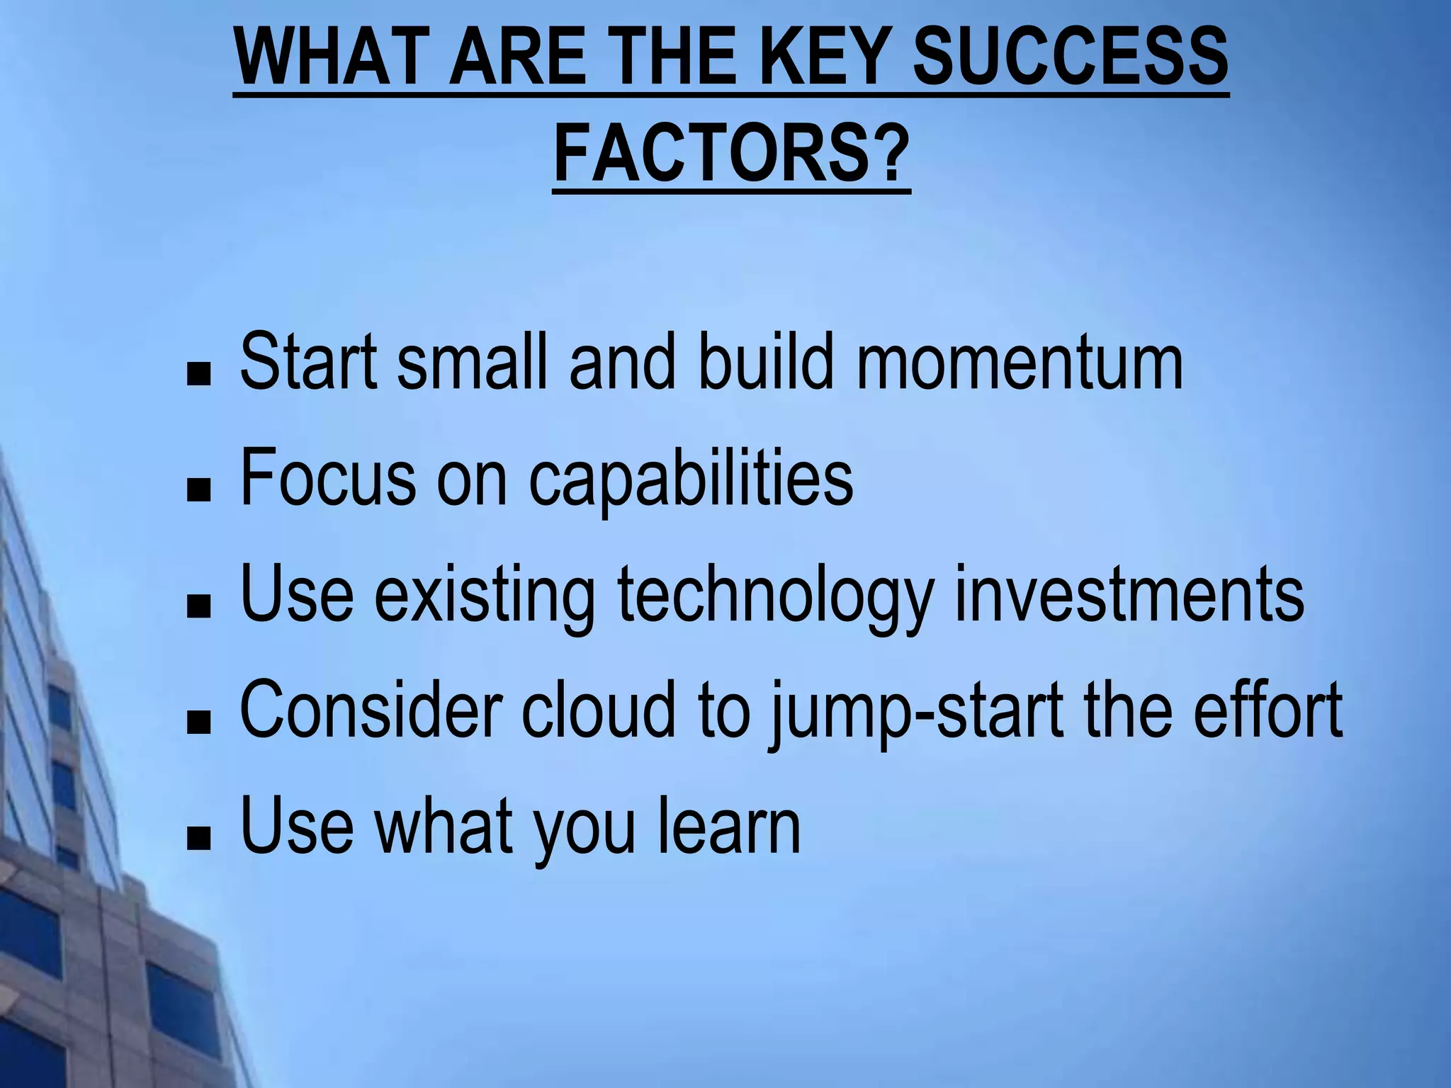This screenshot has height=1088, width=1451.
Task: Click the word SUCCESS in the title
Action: pos(1070,57)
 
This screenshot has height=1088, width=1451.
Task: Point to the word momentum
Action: pos(1020,363)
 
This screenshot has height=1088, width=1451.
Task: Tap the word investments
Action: pos(1129,595)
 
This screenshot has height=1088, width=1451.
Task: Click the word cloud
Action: pos(599,710)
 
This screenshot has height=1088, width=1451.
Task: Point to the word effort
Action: pos(1267,710)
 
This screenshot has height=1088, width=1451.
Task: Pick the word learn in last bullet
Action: pos(729,826)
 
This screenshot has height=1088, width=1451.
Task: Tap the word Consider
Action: pos(371,710)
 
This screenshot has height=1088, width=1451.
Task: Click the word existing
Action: pos(485,595)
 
